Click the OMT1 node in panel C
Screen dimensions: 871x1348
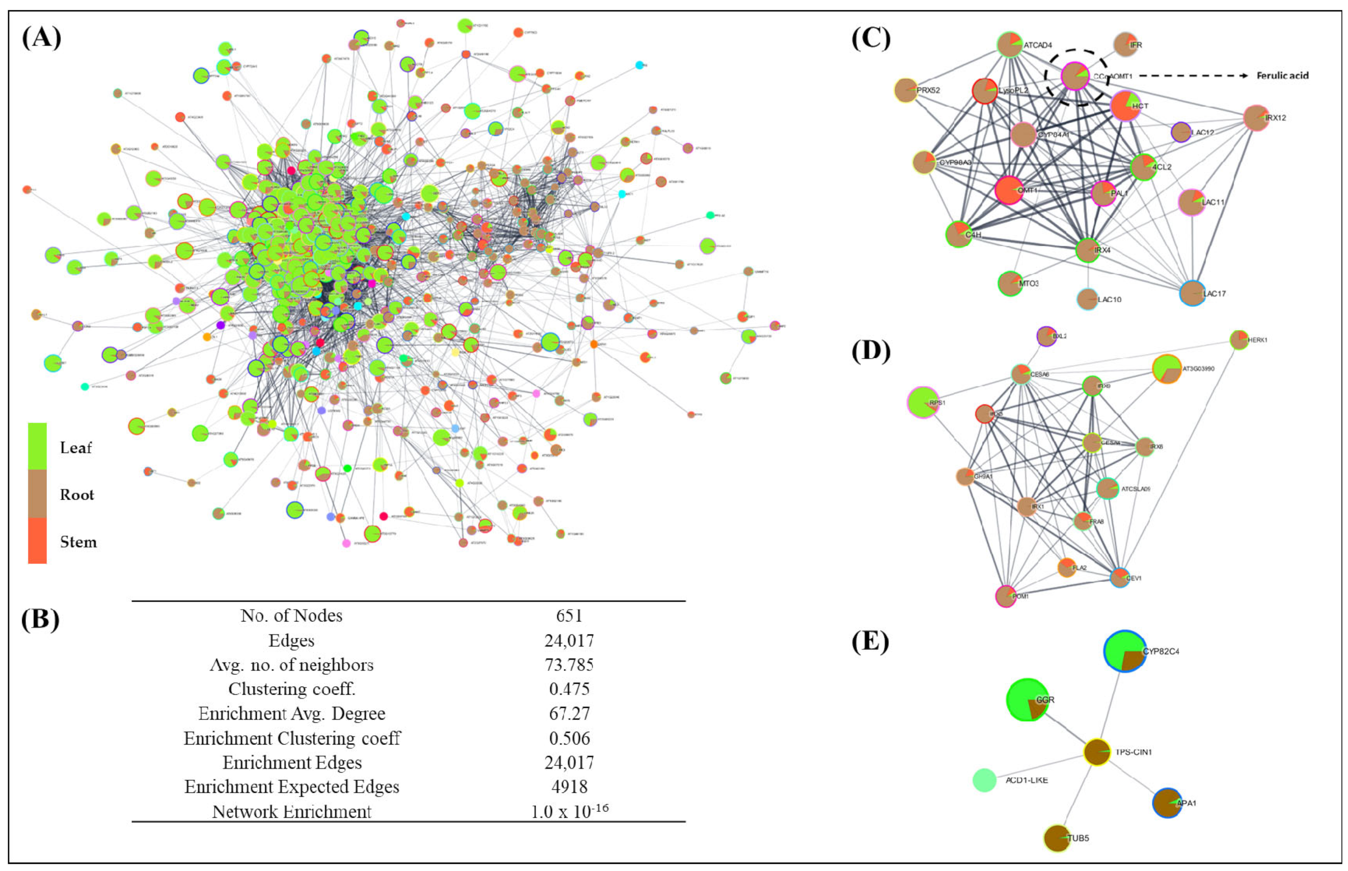1009,190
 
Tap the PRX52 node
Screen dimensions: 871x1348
906,90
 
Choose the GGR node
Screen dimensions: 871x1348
1028,700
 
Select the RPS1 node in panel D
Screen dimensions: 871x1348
923,403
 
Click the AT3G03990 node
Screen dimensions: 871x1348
1167,369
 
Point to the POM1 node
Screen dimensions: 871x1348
1005,596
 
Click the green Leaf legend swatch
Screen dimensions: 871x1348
37,446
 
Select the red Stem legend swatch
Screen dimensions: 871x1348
37,541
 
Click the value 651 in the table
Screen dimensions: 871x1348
569,615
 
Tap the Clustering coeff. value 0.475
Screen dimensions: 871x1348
569,689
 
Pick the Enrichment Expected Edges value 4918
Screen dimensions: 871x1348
569,787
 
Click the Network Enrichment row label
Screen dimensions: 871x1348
292,811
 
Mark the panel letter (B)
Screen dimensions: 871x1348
40,619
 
